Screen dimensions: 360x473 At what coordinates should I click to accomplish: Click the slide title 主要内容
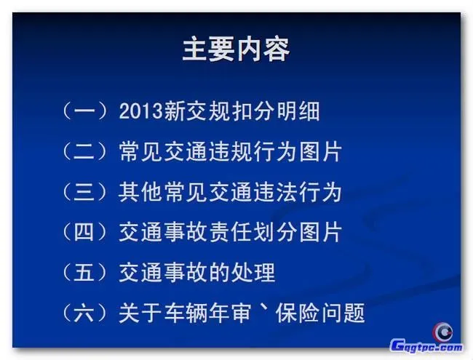236,49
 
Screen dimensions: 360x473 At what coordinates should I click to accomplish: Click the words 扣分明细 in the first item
280,112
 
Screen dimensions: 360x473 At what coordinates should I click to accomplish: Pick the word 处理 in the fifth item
255,273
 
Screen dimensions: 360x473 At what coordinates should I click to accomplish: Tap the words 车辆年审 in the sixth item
199,313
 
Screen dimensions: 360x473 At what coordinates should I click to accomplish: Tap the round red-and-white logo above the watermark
443,332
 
